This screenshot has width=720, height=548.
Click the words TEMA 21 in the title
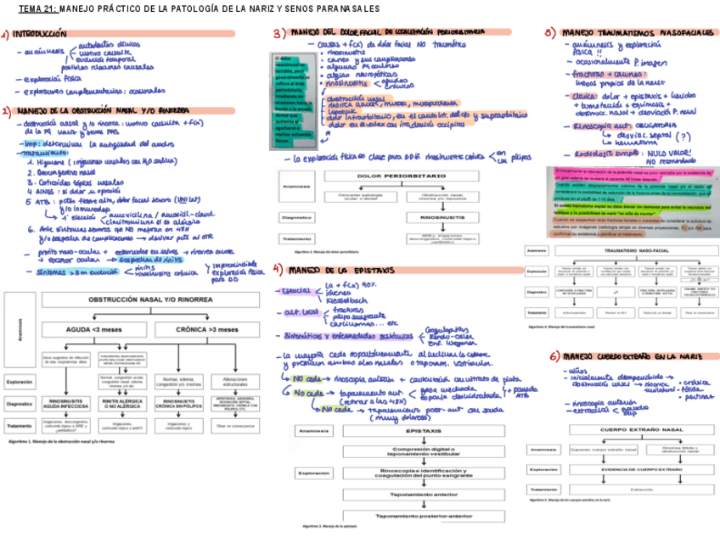tap(37, 8)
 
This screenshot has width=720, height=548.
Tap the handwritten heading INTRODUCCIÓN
tap(39, 34)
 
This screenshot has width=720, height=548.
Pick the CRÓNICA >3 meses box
tap(207, 329)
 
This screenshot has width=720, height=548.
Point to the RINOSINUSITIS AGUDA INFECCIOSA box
tap(65, 405)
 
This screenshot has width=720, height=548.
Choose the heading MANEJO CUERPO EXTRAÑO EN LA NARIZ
tap(632, 355)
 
